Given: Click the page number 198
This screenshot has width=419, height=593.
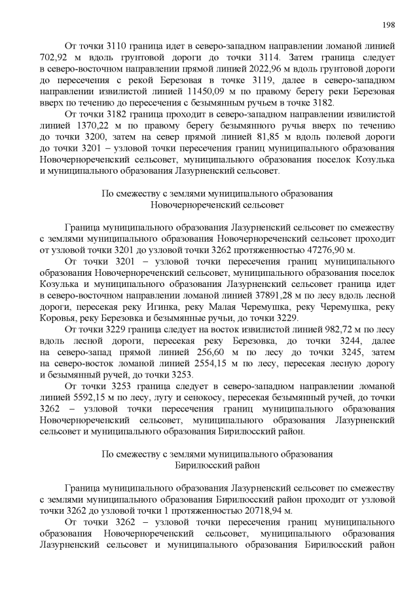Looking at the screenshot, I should [388, 25].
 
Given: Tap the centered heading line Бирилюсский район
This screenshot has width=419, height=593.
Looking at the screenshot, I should [218, 465].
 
